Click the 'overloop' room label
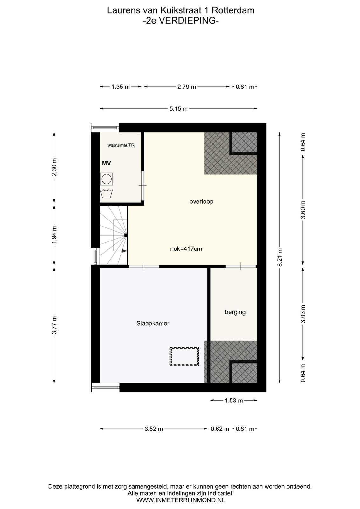click(x=201, y=202)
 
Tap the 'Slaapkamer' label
click(x=153, y=324)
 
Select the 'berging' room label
click(x=235, y=312)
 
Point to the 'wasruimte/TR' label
click(x=121, y=145)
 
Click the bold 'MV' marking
click(x=106, y=163)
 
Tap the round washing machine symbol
click(x=106, y=179)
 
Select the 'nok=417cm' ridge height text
click(x=186, y=249)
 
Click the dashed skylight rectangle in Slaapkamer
click(x=184, y=357)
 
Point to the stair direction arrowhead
click(x=124, y=251)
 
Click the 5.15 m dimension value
click(x=178, y=109)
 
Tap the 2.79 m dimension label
click(x=187, y=87)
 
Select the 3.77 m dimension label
click(x=54, y=325)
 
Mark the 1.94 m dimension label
click(x=54, y=235)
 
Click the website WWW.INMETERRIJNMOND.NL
click(x=181, y=500)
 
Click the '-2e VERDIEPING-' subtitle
click(x=181, y=21)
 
